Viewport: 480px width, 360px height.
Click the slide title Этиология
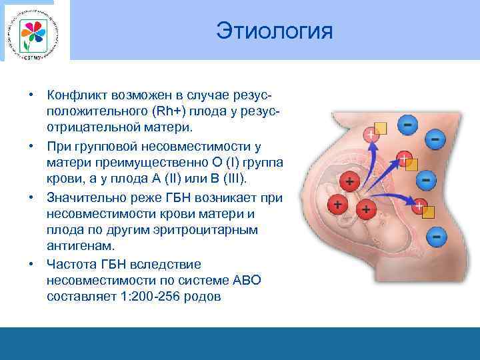(274, 31)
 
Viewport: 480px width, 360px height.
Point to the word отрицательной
(91, 126)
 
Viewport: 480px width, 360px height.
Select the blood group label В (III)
(227, 178)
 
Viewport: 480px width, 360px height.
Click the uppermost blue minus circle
(408, 124)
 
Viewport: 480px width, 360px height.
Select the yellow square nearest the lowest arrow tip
(429, 212)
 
